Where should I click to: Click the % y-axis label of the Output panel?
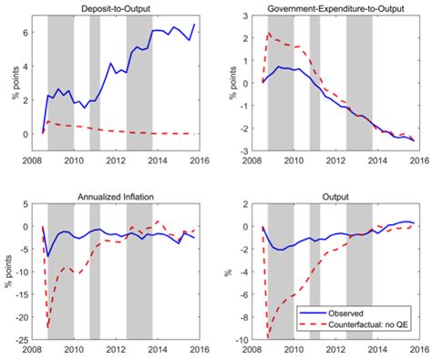(234, 271)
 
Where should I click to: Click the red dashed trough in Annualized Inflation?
(48, 327)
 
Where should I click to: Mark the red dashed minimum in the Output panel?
(267, 337)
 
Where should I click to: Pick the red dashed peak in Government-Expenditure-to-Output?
(268, 34)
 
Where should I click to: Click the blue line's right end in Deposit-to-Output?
(194, 24)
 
